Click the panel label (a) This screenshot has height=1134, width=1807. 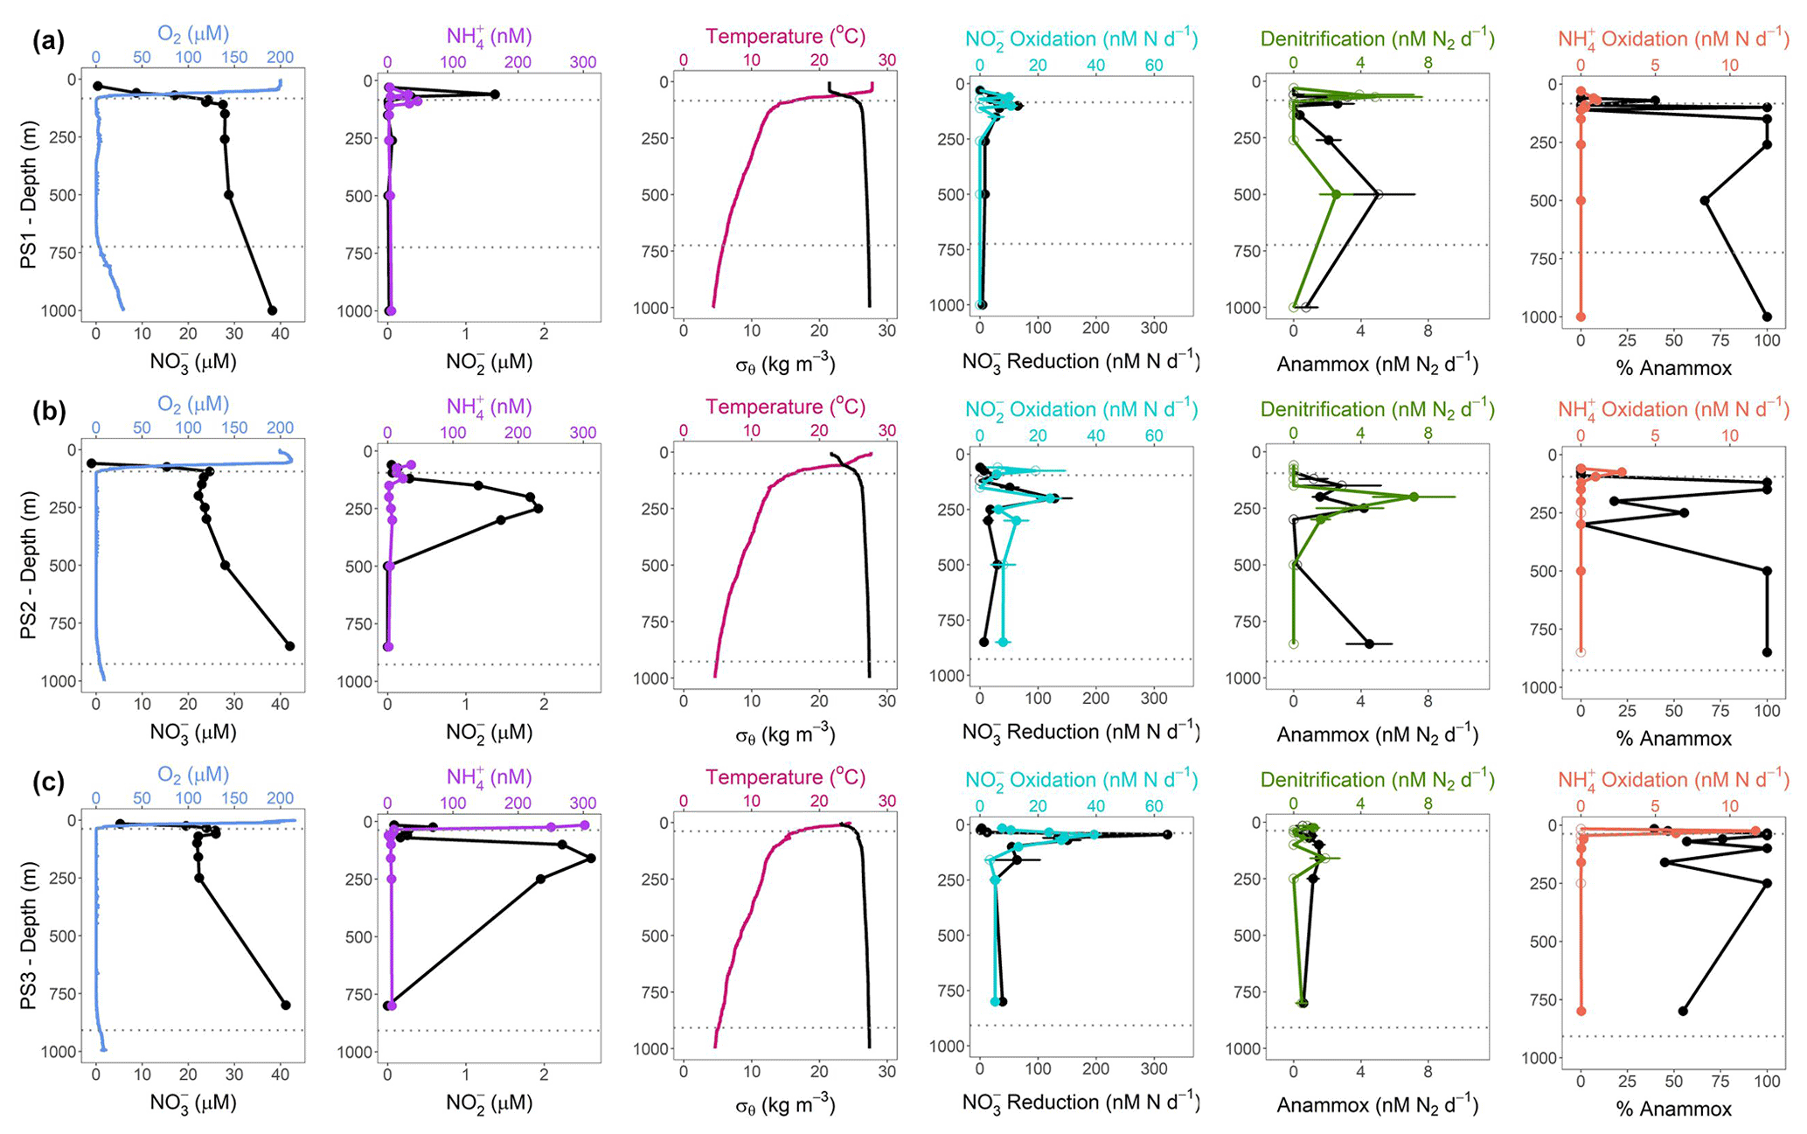(48, 41)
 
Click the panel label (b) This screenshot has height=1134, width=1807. (48, 412)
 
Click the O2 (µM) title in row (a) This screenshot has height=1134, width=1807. (192, 35)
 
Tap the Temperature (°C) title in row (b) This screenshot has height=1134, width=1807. (785, 407)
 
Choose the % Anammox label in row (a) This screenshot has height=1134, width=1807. (1673, 368)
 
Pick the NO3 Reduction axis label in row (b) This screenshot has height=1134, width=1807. (1081, 732)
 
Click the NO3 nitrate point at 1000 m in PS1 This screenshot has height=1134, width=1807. (272, 310)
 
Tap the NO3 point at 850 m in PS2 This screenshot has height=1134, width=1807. (289, 646)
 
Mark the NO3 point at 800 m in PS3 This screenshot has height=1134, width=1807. (285, 1005)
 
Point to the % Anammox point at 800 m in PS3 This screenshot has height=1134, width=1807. (1684, 1011)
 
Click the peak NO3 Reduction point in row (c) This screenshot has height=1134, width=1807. (1165, 835)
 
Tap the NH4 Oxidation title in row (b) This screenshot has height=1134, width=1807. (1673, 409)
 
